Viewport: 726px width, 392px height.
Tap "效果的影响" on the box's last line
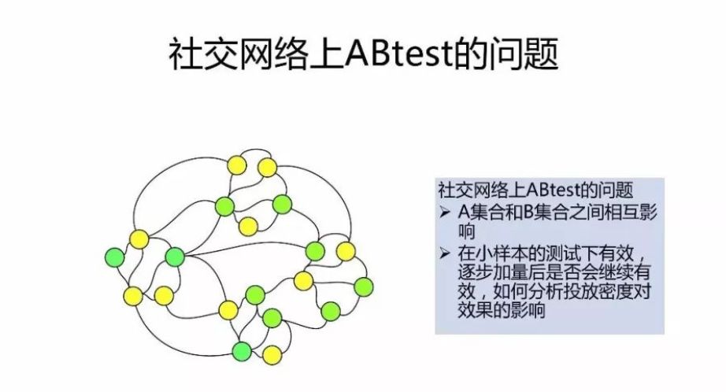pos(497,310)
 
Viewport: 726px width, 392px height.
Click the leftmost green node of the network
pos(115,257)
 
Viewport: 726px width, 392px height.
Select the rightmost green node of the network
pos(364,286)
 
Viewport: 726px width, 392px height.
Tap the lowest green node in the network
pos(241,350)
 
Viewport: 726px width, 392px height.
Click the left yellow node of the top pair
pos(236,166)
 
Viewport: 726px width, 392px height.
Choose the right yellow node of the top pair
pos(268,167)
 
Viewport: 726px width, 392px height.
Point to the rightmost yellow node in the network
pos(346,251)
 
